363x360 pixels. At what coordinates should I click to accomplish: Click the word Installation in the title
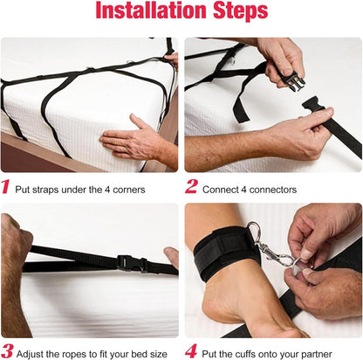[x=152, y=10]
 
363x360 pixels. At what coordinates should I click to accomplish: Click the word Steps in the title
[x=241, y=11]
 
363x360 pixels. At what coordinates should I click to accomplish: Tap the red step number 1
[x=5, y=187]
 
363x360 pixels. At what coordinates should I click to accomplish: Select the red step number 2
[x=191, y=186]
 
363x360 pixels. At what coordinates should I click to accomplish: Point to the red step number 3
[x=7, y=351]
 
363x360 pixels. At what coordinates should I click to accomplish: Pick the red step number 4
[x=191, y=351]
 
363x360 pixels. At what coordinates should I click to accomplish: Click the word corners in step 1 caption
[x=129, y=190]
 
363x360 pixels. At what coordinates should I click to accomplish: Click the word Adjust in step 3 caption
[x=30, y=355]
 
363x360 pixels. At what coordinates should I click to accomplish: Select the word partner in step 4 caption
[x=317, y=355]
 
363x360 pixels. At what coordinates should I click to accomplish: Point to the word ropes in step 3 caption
[x=78, y=355]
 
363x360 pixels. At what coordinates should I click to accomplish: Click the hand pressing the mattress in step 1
[x=137, y=140]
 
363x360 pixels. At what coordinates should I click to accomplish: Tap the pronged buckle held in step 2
[x=293, y=81]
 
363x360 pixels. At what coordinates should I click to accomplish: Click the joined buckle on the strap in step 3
[x=133, y=263]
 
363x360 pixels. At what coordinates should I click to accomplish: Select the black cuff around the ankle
[x=224, y=255]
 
